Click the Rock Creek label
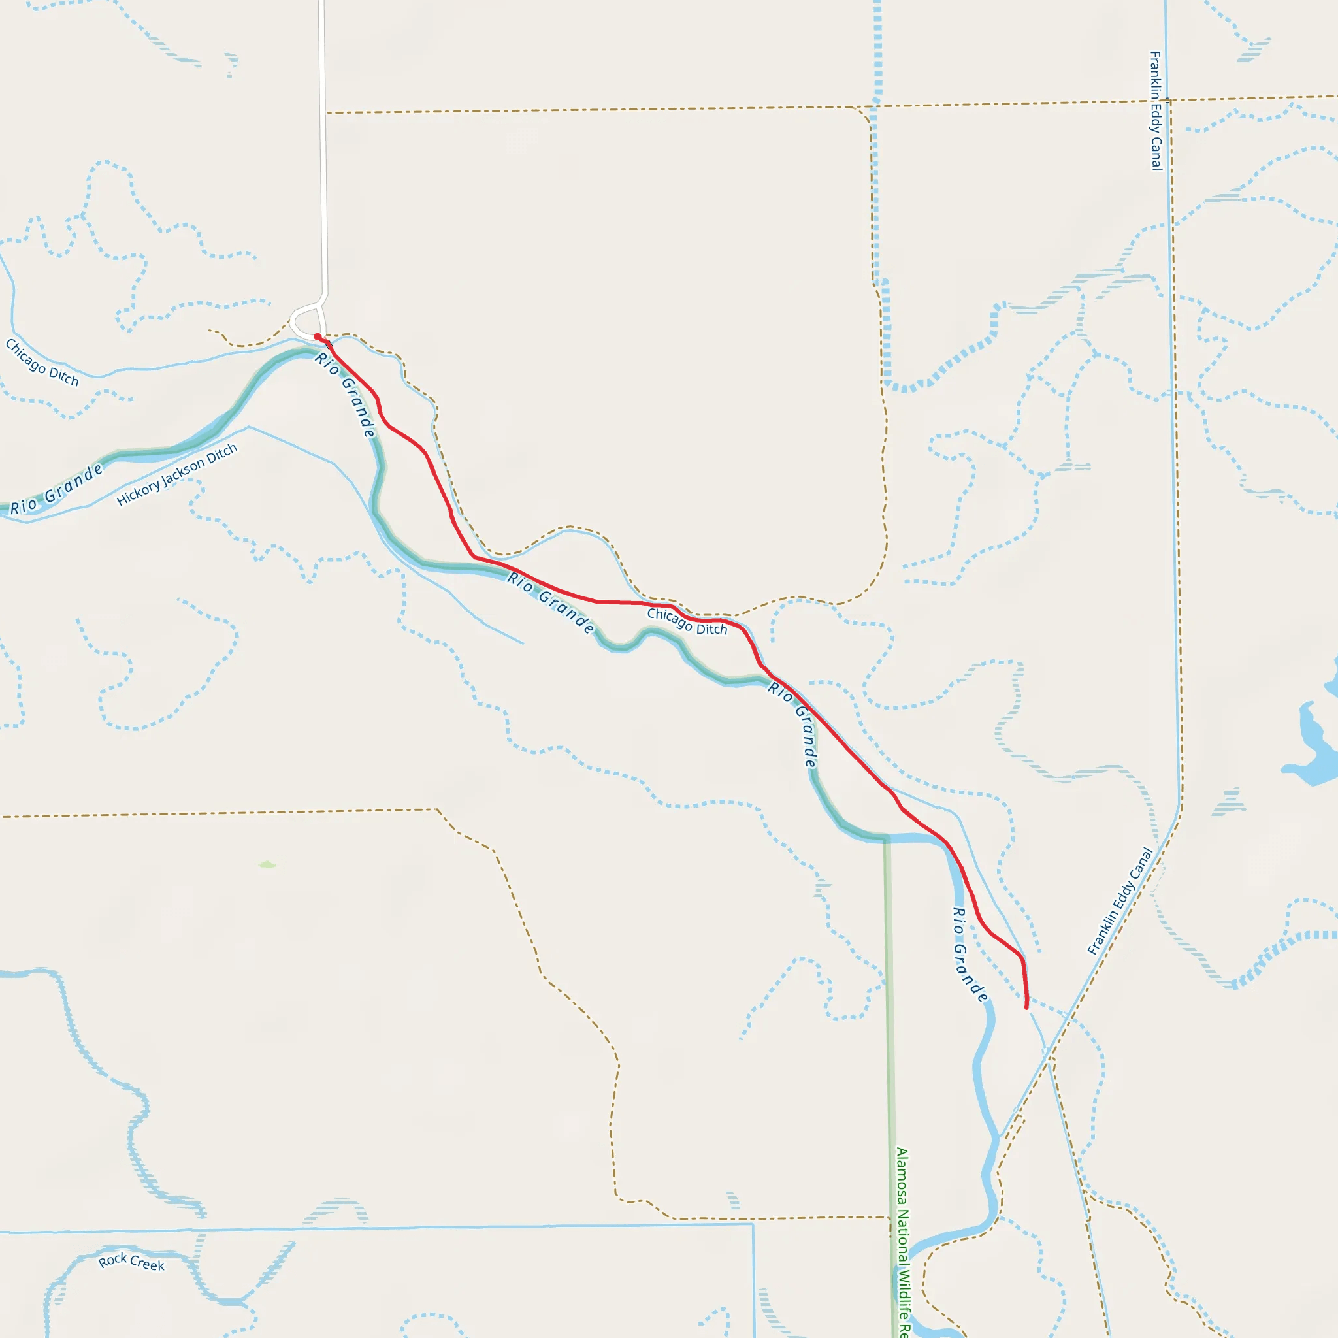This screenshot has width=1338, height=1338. pos(131,1262)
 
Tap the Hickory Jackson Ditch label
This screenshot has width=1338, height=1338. pos(176,474)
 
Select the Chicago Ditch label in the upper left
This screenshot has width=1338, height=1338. pos(42,362)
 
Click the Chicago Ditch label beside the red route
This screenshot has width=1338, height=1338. pos(687,621)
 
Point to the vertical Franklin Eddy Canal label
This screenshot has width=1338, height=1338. pos(1155,110)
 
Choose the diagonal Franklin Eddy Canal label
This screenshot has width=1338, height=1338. pos(1120,901)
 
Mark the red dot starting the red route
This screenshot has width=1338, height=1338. pos(317,336)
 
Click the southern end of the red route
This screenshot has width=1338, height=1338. pos(1026,1007)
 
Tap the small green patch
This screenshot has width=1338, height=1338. pos(267,864)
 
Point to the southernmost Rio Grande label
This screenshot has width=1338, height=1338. pos(969,955)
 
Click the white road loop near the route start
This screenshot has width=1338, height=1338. pos(303,323)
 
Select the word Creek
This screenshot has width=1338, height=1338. pos(148,1265)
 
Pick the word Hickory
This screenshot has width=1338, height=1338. pos(137,493)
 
